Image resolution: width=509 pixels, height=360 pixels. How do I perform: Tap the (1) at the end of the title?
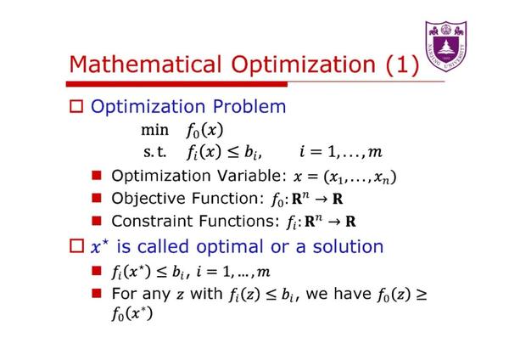[397, 65]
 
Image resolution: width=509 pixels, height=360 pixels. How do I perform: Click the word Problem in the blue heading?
[246, 108]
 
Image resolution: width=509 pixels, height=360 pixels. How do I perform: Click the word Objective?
[147, 199]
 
